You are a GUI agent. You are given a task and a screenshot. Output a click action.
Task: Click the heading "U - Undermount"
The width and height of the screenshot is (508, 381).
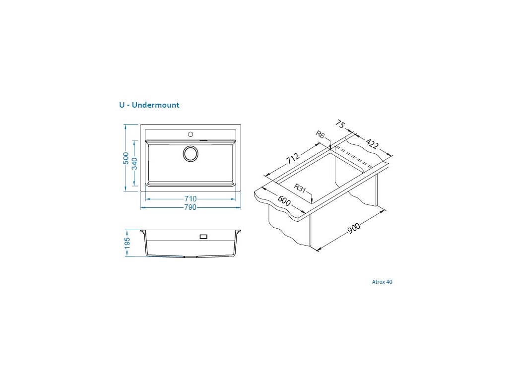(x=149, y=105)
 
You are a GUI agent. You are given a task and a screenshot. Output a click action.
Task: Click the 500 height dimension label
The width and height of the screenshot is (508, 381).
(x=126, y=158)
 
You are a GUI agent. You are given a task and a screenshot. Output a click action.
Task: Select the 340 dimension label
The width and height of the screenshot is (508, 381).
(x=134, y=163)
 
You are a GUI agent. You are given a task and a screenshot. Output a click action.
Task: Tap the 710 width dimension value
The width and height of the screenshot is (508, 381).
(x=190, y=199)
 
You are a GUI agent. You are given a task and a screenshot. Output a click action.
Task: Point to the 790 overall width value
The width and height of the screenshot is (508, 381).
(x=190, y=207)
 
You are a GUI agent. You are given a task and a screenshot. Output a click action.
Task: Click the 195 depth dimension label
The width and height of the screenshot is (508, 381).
(x=127, y=243)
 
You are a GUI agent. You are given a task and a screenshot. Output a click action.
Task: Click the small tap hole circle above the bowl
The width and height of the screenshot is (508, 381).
(x=190, y=134)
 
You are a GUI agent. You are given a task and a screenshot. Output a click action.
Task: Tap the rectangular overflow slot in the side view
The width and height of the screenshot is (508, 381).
(x=203, y=237)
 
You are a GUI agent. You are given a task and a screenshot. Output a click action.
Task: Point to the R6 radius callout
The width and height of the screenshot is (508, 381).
(x=320, y=135)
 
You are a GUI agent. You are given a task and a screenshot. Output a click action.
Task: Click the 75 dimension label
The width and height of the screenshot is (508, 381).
(x=340, y=124)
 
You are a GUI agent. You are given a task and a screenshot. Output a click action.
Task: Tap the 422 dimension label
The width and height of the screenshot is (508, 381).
(x=372, y=144)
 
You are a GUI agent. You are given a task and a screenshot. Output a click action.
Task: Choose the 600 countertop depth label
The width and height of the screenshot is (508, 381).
(x=284, y=201)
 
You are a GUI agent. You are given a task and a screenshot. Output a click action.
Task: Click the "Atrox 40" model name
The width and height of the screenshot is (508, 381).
(x=382, y=282)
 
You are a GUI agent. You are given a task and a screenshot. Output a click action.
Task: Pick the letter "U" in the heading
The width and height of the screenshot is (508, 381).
(x=122, y=105)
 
